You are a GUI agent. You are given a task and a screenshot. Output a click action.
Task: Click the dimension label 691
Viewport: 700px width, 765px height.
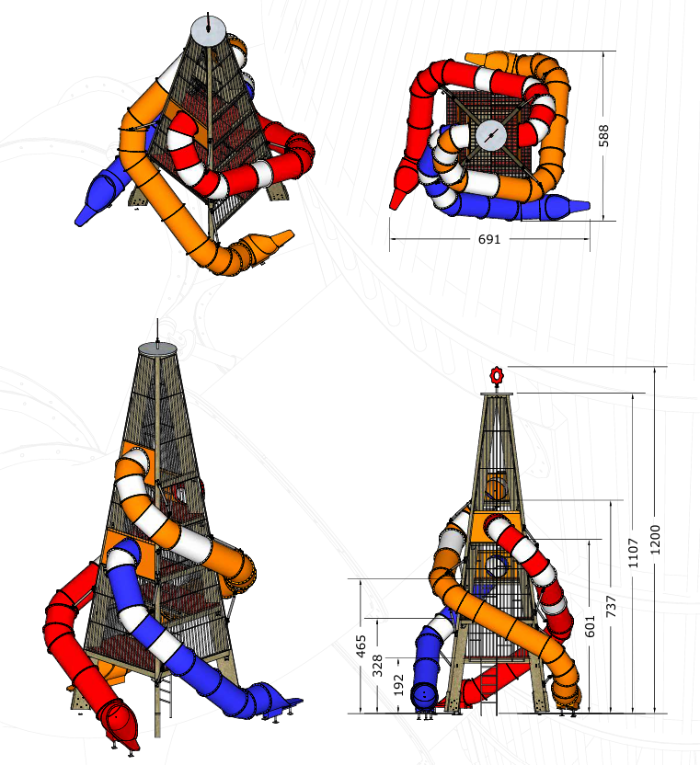[489, 239]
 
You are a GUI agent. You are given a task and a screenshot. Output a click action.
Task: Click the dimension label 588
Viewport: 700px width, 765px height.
[603, 136]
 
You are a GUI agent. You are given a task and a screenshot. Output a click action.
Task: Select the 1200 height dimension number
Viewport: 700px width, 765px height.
[656, 540]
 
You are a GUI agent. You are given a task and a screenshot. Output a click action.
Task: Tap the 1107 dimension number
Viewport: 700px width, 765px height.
[633, 554]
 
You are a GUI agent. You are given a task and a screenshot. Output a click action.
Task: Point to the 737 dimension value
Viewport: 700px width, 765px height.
[611, 606]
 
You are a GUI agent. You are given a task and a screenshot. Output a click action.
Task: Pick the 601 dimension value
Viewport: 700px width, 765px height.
[591, 626]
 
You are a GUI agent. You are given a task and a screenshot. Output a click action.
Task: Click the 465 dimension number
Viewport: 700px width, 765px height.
[361, 646]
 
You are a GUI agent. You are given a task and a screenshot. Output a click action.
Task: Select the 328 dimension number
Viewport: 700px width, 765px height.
[378, 666]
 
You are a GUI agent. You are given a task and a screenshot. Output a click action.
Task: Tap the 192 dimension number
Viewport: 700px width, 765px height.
[399, 685]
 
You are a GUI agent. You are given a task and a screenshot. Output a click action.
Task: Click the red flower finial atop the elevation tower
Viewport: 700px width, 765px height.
[497, 376]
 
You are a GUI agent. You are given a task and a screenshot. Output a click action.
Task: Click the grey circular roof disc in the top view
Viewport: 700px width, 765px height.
[490, 136]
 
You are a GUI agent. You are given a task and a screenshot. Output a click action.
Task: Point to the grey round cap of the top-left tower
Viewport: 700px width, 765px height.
[209, 31]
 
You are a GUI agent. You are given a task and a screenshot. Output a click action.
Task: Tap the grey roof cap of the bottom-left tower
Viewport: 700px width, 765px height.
[157, 348]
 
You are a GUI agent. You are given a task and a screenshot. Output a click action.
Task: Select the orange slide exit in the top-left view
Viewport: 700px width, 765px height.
[266, 243]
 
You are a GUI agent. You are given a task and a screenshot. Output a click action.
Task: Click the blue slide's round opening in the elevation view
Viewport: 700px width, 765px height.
[424, 696]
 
